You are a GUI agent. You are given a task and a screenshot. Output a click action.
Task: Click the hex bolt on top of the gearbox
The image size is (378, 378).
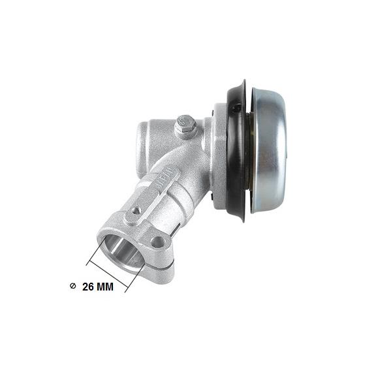click(x=185, y=126)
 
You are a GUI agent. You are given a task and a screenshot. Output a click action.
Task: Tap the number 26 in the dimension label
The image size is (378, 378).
click(x=87, y=287)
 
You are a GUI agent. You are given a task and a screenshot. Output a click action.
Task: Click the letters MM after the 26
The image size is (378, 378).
click(x=105, y=287)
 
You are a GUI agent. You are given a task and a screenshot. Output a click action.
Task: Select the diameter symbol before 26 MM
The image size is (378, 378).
click(x=72, y=286)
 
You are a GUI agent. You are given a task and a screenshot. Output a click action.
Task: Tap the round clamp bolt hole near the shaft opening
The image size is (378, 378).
click(x=158, y=242)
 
